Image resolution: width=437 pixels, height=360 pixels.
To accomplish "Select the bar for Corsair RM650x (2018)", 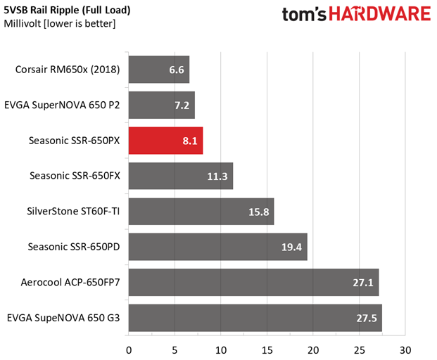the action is click(x=159, y=70).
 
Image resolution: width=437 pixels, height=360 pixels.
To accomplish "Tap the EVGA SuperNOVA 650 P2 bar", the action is click(x=162, y=105).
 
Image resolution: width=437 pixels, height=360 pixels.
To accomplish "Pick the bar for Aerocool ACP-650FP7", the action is click(x=253, y=283).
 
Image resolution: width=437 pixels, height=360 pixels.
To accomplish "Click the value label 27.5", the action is click(x=367, y=319).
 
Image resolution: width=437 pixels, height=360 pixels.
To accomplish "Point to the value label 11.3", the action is click(x=217, y=176).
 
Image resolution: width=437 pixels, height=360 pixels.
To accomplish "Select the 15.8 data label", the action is click(x=259, y=212).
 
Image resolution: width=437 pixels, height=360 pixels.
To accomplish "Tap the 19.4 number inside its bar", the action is click(x=291, y=247).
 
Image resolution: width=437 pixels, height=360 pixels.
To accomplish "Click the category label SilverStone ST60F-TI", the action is click(x=73, y=212).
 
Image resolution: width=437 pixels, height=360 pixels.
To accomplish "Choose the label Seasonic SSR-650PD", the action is click(x=74, y=247).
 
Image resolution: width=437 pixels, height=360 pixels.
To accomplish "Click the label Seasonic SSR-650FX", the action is click(x=75, y=176).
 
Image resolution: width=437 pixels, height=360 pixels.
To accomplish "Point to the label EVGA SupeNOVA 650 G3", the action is click(x=63, y=318).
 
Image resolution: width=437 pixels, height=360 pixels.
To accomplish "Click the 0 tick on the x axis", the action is click(x=129, y=350).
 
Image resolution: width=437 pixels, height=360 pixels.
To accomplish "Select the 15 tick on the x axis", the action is click(x=267, y=350).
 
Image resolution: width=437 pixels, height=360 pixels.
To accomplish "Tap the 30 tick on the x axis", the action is click(x=405, y=350).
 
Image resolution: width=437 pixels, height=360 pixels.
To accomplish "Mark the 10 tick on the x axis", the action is click(x=221, y=350).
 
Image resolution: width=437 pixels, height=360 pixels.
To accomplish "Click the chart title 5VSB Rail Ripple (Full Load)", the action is click(x=67, y=11).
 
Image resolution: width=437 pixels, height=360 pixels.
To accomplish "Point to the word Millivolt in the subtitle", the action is click(x=23, y=24).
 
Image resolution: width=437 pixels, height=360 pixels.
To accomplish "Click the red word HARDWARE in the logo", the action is click(x=380, y=14).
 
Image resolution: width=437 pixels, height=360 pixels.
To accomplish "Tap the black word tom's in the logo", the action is click(x=304, y=15).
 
